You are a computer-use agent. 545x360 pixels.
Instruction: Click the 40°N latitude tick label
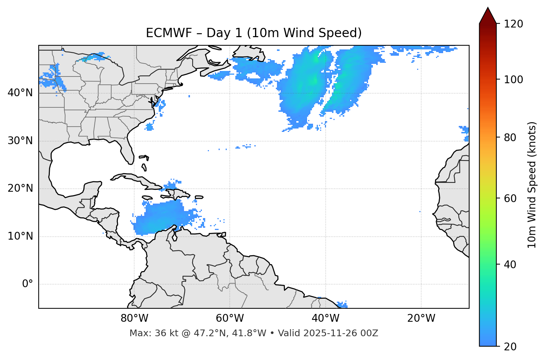tap(20, 93)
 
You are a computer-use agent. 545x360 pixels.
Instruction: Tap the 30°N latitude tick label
tap(20, 141)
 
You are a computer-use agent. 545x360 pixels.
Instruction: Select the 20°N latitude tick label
tap(20, 188)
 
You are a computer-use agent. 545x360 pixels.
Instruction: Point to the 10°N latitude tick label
tap(20, 236)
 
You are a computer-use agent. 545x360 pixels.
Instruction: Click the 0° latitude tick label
tap(28, 284)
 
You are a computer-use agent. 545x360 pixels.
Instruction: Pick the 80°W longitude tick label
tap(134, 318)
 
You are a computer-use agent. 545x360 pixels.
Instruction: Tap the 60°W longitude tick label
tap(230, 318)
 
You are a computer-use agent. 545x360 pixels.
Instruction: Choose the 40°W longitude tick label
tap(325, 318)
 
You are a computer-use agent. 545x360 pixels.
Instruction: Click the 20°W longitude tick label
tap(421, 318)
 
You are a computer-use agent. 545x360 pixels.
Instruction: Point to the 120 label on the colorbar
tap(513, 24)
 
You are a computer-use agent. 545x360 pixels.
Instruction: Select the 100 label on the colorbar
tap(513, 80)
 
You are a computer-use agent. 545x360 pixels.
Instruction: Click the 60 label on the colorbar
tap(510, 198)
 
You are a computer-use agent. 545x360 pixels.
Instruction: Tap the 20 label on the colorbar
tap(510, 346)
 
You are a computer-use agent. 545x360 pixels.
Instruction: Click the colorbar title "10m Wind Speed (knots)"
tap(532, 185)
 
